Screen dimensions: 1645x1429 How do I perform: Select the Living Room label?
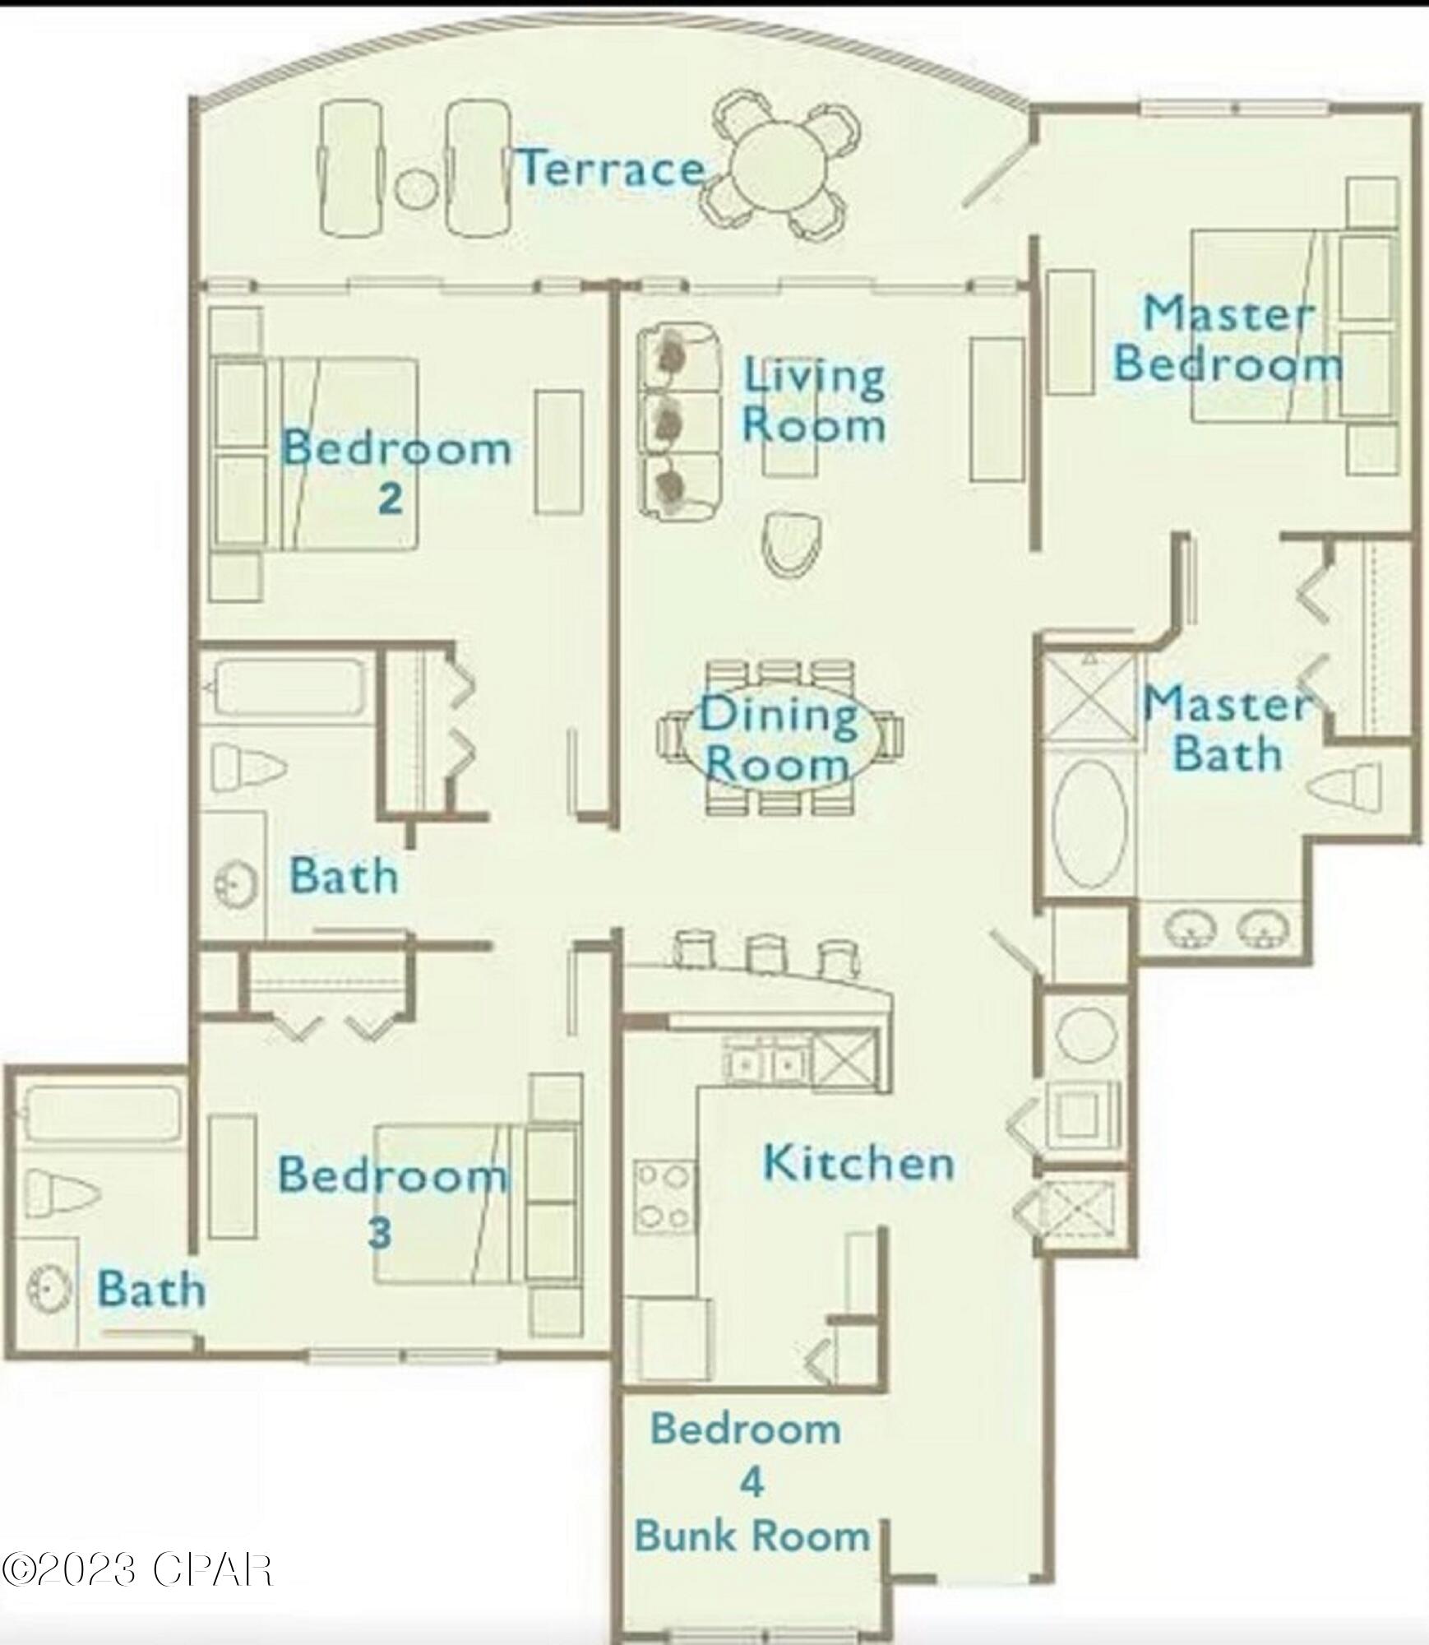point(814,402)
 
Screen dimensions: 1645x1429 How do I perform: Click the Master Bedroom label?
point(1228,339)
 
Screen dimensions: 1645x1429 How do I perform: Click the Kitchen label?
point(858,1163)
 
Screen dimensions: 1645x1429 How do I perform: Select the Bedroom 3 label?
point(392,1202)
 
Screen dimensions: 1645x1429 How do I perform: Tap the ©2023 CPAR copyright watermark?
point(136,1569)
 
